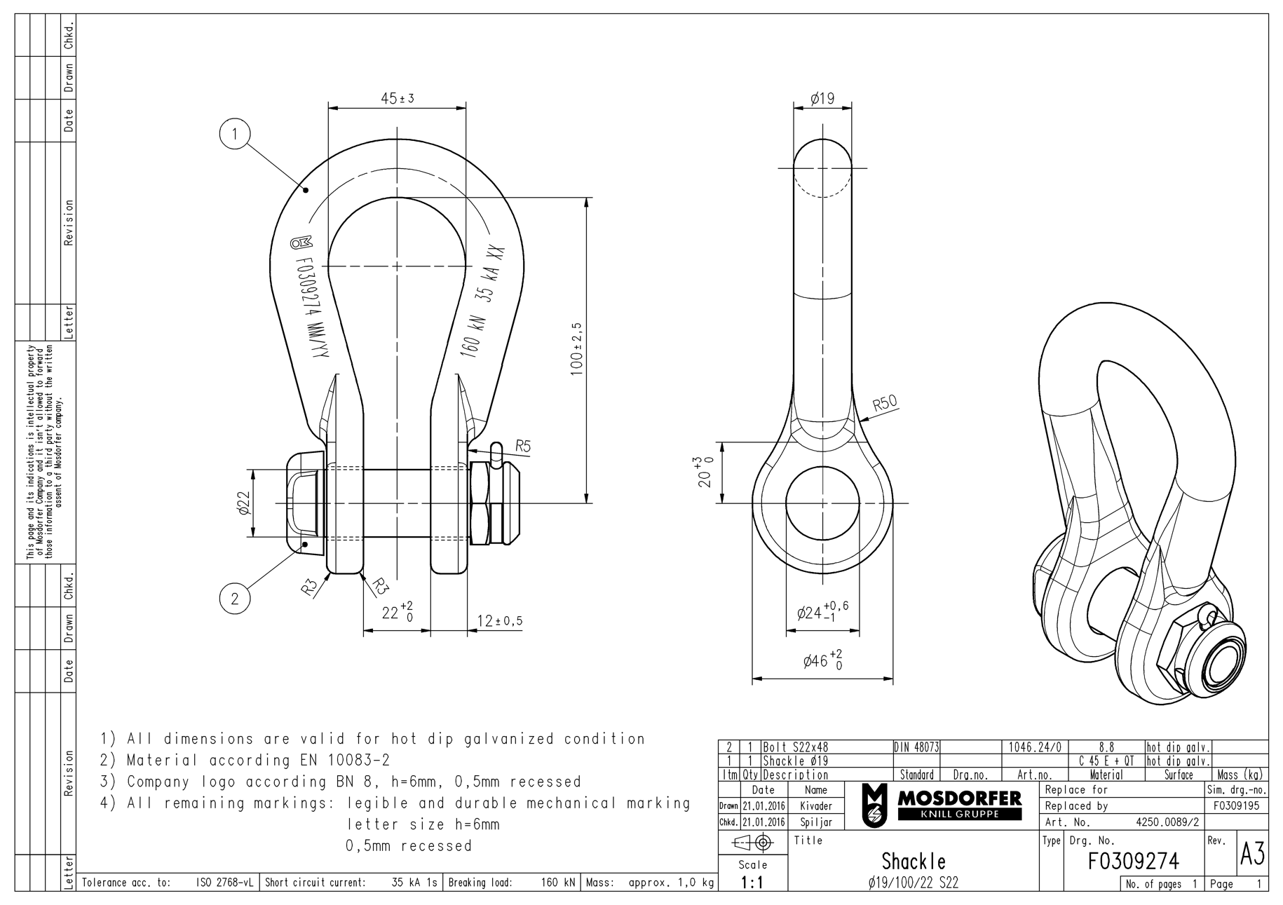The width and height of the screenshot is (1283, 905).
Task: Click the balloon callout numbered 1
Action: tap(235, 134)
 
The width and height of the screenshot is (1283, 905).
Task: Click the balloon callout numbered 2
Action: tap(235, 598)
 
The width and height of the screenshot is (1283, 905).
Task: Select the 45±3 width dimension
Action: tap(398, 99)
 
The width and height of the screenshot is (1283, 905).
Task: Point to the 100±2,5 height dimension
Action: tap(577, 349)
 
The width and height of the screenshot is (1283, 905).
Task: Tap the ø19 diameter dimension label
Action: tap(822, 99)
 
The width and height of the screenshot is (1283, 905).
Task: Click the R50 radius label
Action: tap(885, 403)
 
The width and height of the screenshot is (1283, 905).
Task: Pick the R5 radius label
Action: tap(523, 445)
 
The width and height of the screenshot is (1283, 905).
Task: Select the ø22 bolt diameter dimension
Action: tap(244, 503)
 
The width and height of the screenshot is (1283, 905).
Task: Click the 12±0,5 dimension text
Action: tap(500, 621)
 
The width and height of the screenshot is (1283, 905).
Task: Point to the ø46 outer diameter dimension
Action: tap(822, 660)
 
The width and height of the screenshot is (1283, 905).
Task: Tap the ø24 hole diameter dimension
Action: tap(822, 612)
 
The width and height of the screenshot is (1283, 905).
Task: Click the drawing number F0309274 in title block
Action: tap(1133, 860)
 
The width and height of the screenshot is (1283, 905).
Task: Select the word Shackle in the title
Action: tap(913, 861)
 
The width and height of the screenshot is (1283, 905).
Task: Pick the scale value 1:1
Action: tap(752, 883)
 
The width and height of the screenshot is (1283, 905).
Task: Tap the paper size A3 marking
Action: tap(1252, 855)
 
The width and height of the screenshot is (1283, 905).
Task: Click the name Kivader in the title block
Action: tap(816, 806)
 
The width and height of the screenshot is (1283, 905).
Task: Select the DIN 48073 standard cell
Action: tap(916, 747)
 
